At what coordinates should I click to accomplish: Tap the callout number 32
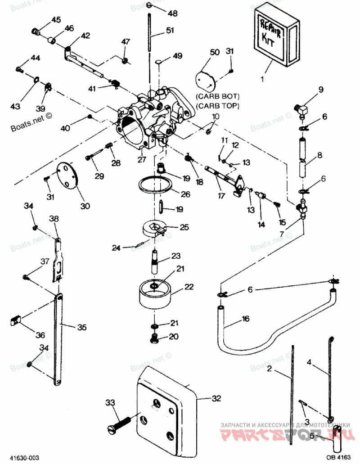coord(217,398)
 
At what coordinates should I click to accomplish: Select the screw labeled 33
coord(119,423)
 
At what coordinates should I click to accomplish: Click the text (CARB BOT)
coord(218,96)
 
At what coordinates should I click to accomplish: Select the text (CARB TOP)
coord(218,105)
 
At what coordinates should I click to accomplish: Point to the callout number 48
coord(172,13)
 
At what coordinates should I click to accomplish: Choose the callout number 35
coord(81,327)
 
